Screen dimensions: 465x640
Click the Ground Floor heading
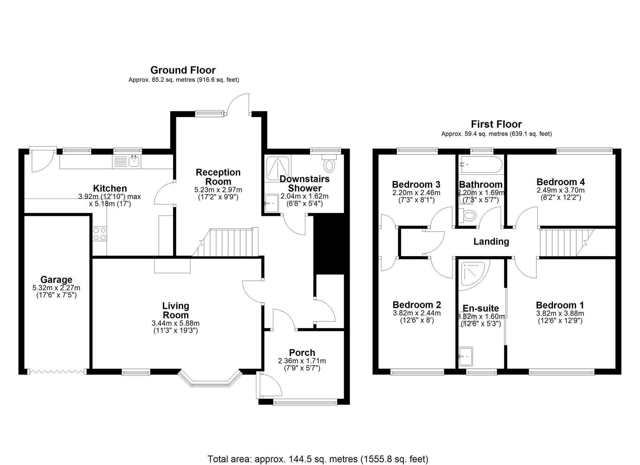click(183, 70)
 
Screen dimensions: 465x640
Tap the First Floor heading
click(496, 124)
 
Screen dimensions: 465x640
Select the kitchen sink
click(134, 162)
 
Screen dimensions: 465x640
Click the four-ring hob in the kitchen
click(100, 234)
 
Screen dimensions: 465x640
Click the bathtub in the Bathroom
click(481, 165)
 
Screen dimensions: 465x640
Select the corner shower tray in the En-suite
click(473, 274)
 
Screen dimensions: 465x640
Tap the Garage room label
click(56, 280)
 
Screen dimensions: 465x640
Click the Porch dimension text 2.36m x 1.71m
click(302, 361)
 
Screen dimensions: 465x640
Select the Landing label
click(491, 241)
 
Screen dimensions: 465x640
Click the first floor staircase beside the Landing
click(563, 243)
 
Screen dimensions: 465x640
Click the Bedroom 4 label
click(560, 182)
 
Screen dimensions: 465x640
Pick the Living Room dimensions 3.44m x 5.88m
click(176, 323)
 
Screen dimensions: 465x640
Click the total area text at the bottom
click(318, 459)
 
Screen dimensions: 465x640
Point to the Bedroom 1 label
click(560, 305)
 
